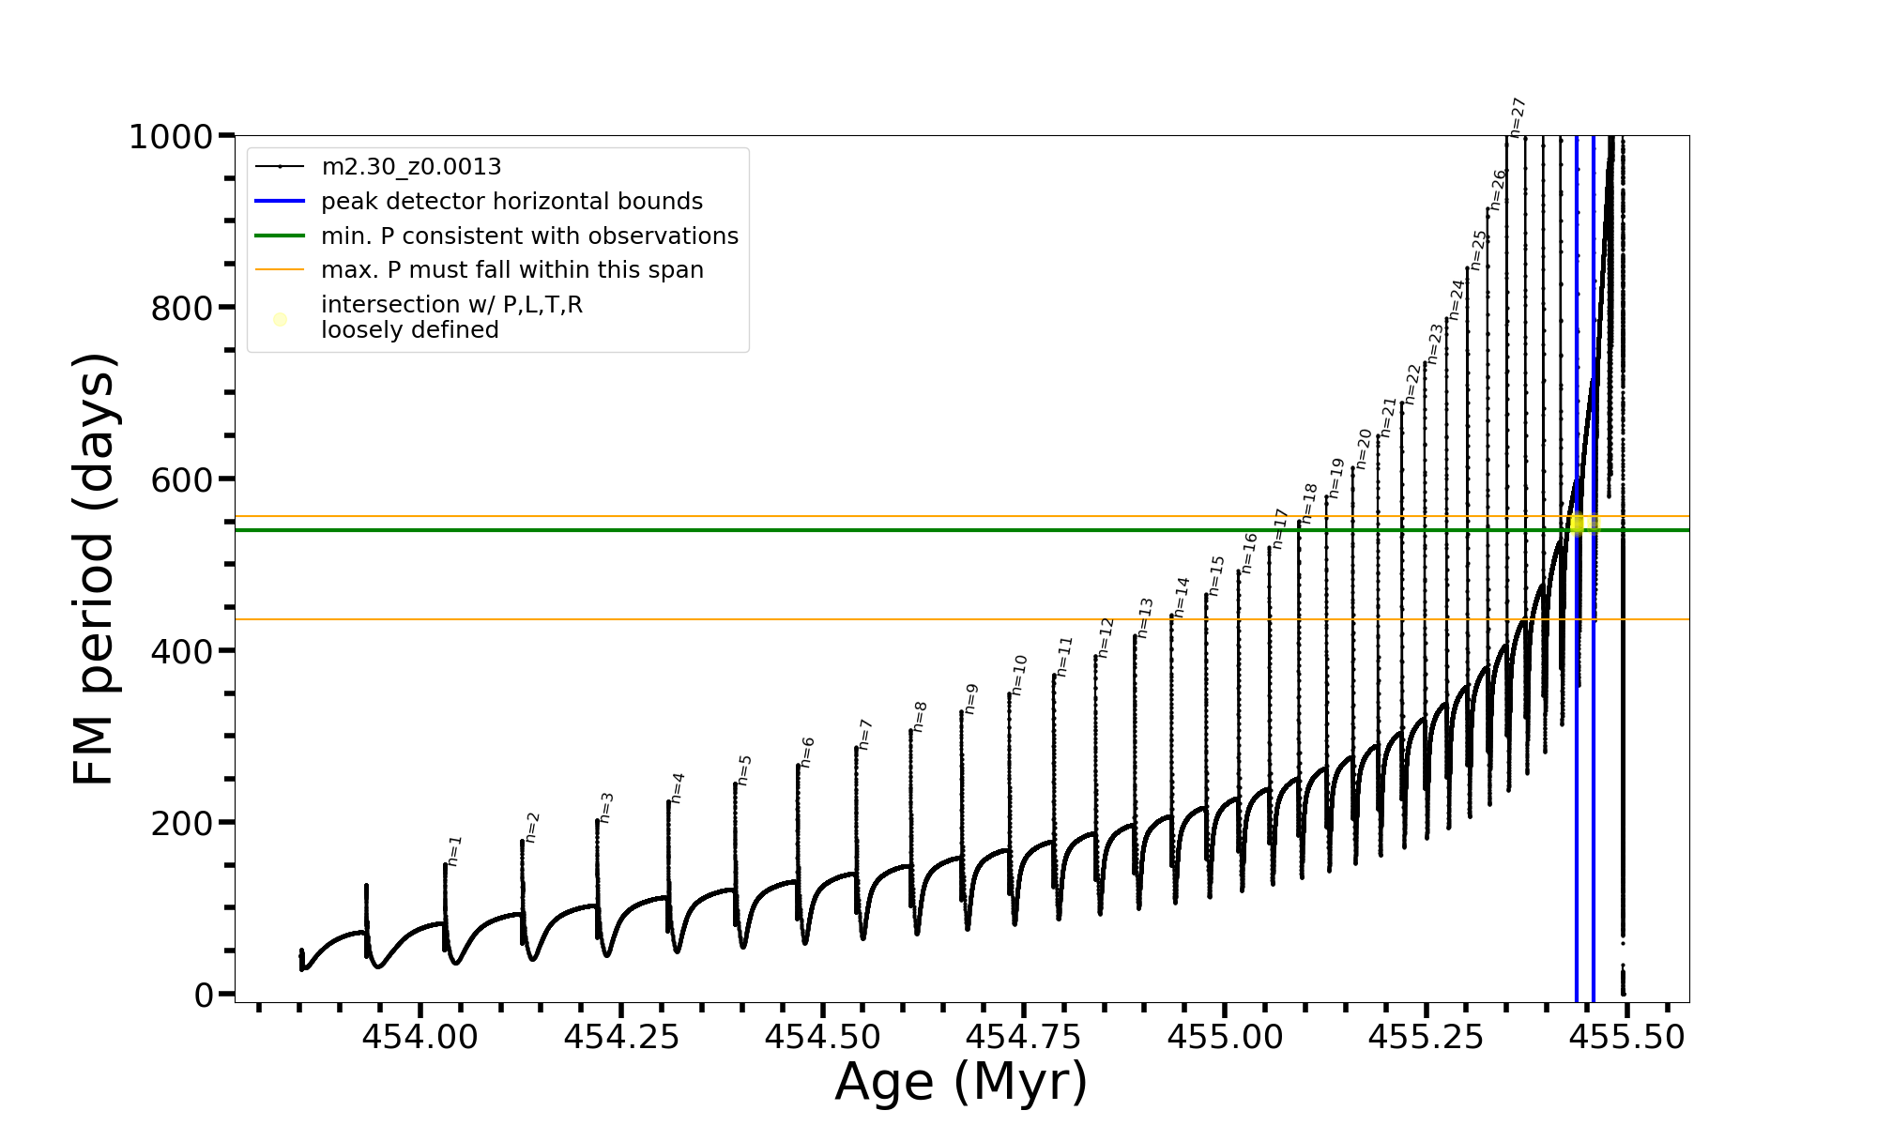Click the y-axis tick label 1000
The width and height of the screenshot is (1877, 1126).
[171, 138]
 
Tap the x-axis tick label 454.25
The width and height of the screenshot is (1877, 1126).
[620, 1038]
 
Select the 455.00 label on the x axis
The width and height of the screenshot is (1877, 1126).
[1224, 1038]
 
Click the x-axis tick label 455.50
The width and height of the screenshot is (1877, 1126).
[1626, 1038]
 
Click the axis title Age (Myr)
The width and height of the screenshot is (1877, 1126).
[961, 1083]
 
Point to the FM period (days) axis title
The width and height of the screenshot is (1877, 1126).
[95, 569]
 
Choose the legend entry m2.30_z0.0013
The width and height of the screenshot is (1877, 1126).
[411, 167]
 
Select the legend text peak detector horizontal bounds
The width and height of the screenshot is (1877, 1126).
[511, 202]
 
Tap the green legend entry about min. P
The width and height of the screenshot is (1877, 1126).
[529, 236]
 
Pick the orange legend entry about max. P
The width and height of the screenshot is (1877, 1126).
[511, 270]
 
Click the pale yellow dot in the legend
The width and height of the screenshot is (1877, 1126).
[280, 319]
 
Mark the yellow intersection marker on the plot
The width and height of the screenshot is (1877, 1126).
[1578, 524]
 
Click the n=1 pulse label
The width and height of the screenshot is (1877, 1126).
[455, 850]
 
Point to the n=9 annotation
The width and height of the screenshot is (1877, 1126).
[971, 698]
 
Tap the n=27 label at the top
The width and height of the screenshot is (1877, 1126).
[1518, 117]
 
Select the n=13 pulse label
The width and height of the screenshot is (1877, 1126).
[1145, 617]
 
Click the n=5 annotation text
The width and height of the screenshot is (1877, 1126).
[745, 769]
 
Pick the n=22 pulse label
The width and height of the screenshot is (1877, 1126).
[1412, 384]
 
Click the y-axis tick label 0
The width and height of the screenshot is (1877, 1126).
[204, 995]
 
